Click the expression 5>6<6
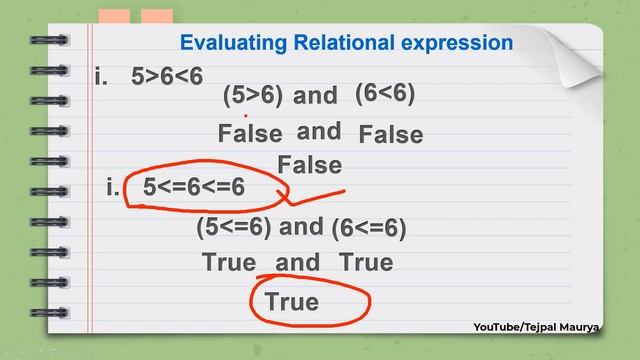(x=167, y=77)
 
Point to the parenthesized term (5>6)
(x=253, y=95)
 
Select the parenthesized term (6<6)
(x=385, y=93)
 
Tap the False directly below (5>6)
(x=250, y=134)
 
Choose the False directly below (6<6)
(x=391, y=134)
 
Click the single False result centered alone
(x=310, y=165)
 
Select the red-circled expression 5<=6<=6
(x=194, y=187)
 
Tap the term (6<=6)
(x=369, y=228)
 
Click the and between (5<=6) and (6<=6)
(x=301, y=227)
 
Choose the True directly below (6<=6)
(x=366, y=263)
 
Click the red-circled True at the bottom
(x=292, y=301)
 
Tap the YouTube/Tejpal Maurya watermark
(x=550, y=327)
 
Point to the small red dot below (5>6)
(x=246, y=116)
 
